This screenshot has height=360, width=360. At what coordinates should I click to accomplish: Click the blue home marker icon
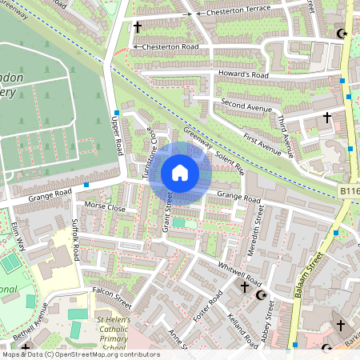[x=180, y=173]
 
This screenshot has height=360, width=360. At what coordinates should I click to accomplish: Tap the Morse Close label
[x=105, y=207]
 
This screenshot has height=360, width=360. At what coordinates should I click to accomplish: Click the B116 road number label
[x=349, y=192]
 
